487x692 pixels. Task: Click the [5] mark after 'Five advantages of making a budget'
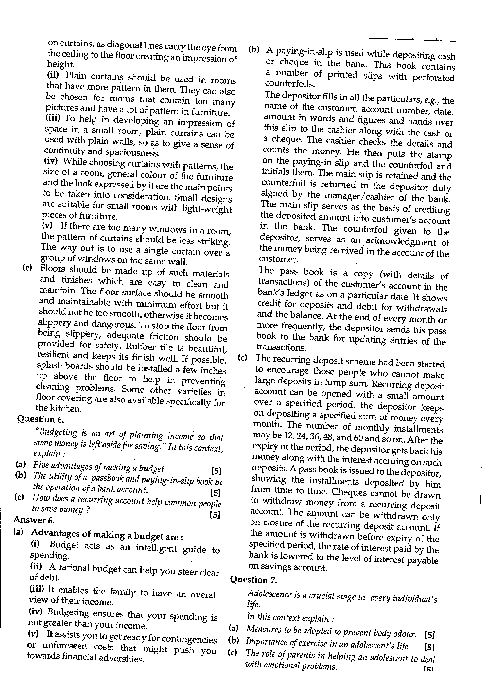216,471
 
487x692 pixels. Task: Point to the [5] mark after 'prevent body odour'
429,635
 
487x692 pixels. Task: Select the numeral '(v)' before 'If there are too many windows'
48,225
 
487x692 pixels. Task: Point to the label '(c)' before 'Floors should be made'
27,268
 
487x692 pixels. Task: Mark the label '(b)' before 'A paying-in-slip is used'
253,50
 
